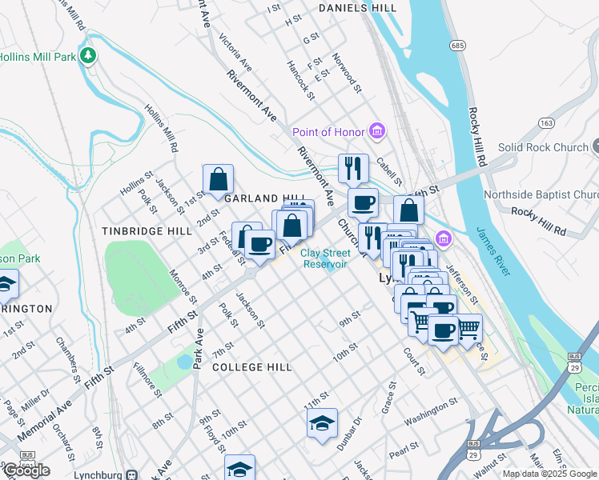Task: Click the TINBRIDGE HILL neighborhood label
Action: click(x=147, y=230)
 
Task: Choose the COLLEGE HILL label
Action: click(x=252, y=366)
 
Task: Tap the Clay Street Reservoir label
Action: click(x=324, y=258)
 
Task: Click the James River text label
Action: click(x=492, y=250)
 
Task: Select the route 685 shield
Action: click(x=457, y=46)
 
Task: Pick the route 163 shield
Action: click(x=546, y=123)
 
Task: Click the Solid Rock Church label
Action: click(x=543, y=147)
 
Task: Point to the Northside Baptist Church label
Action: click(x=541, y=194)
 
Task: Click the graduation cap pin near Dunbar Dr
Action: click(x=322, y=424)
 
